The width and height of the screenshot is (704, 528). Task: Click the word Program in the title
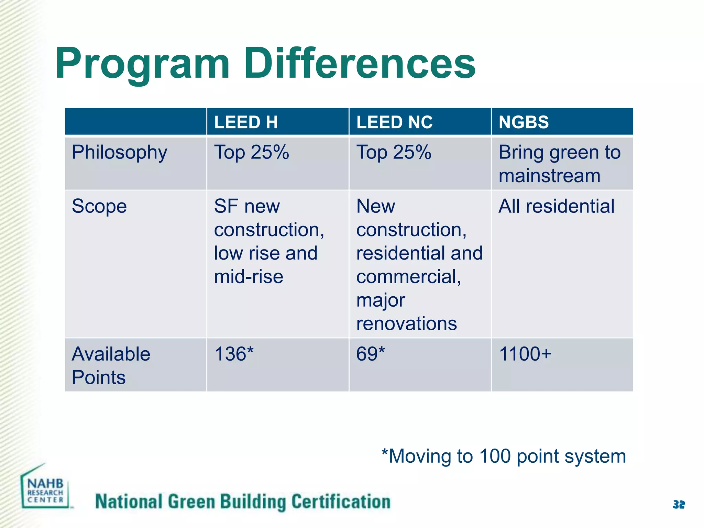click(142, 65)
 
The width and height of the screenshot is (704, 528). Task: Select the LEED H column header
click(246, 122)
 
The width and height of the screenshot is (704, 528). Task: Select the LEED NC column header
click(394, 122)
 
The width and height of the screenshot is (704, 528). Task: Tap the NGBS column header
click(524, 122)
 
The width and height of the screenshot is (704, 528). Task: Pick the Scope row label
click(99, 206)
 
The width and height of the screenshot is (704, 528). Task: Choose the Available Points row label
click(111, 365)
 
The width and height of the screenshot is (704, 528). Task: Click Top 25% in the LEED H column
click(251, 152)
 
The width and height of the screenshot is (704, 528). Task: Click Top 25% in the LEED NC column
click(394, 152)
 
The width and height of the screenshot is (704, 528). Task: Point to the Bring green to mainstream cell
click(559, 164)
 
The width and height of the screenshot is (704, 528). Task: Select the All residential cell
click(556, 206)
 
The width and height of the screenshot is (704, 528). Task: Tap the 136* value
click(234, 354)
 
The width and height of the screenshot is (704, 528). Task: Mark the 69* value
click(371, 354)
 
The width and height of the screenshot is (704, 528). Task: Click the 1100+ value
click(525, 354)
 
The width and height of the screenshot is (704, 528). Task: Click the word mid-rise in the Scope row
click(249, 277)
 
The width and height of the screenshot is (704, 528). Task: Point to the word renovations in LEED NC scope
click(406, 323)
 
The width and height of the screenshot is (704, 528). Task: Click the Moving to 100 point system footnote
click(504, 456)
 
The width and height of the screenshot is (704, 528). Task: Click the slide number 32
click(679, 505)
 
